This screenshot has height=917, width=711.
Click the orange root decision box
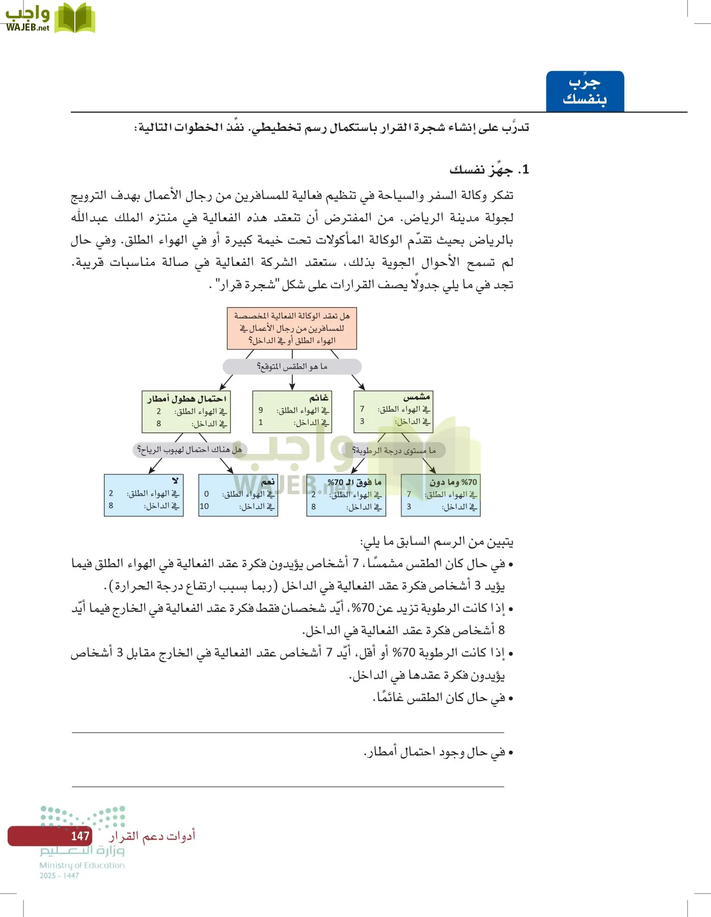coord(292,328)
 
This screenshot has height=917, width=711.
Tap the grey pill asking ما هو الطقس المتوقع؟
coord(292,366)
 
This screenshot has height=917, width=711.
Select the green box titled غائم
coord(292,411)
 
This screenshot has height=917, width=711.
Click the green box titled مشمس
coord(393,411)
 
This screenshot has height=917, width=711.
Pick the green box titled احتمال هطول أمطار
coord(186,412)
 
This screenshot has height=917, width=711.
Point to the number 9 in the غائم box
coord(261,410)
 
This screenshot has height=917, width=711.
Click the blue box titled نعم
coord(238,495)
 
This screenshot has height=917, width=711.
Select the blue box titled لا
coord(144,495)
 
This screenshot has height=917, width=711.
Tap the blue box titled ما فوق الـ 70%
coord(346,495)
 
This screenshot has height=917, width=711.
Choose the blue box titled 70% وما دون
coord(441,495)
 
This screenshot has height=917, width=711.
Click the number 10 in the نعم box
coord(204,506)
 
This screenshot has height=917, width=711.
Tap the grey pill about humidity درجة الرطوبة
coord(394,450)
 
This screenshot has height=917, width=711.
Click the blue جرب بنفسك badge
coord(585,91)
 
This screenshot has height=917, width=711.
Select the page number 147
coord(80,836)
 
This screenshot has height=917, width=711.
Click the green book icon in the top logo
coord(74,19)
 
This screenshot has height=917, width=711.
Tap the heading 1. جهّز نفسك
coord(489,170)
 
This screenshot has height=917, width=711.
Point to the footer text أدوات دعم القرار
coord(152,836)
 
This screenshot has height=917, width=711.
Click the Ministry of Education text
coord(82,865)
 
